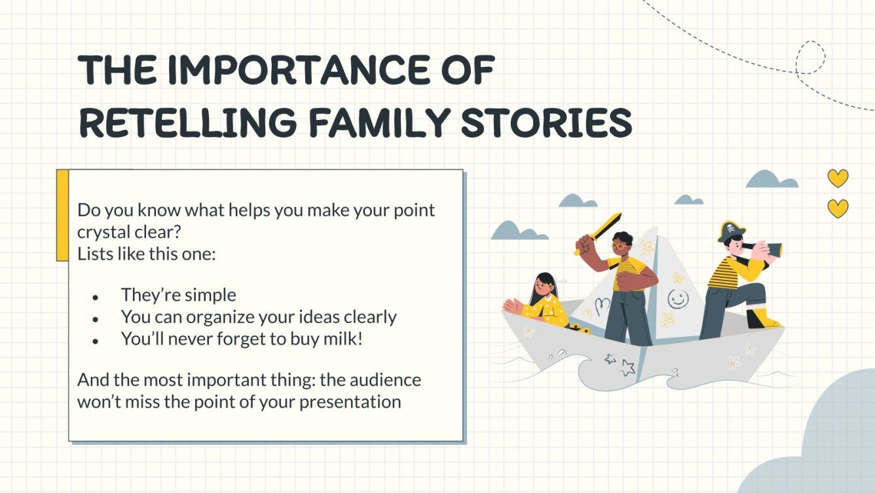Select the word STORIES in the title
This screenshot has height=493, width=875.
click(546, 123)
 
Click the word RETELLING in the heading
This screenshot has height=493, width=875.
click(187, 123)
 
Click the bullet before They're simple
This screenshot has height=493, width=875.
click(95, 298)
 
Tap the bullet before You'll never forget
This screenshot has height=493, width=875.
click(95, 342)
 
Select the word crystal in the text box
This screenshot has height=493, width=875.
click(103, 233)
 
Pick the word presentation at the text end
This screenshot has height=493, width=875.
click(350, 403)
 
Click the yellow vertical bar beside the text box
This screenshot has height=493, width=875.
click(62, 215)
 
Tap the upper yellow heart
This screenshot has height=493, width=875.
click(838, 178)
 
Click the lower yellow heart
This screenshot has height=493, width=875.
click(838, 208)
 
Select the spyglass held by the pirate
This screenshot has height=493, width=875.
click(766, 248)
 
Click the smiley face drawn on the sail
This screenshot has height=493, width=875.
click(678, 299)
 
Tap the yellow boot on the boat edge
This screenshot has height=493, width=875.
click(762, 319)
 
